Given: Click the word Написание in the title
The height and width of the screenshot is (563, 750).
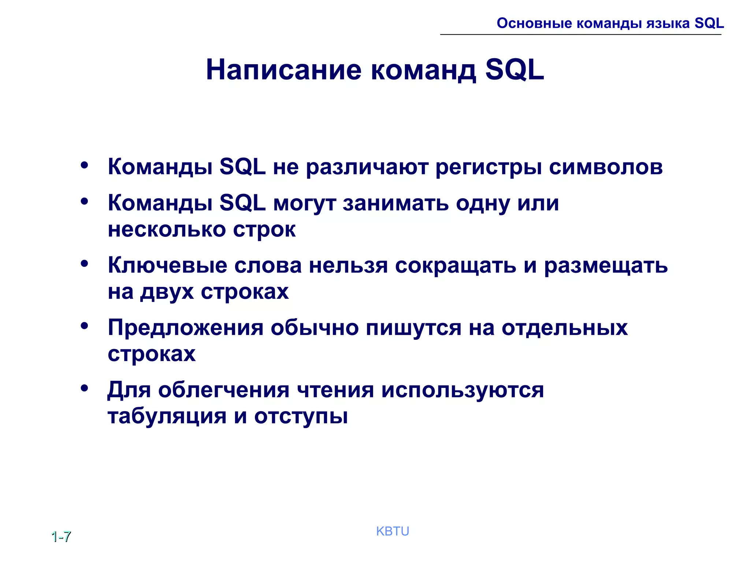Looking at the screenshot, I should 283,70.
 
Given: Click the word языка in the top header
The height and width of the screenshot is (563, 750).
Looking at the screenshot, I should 667,23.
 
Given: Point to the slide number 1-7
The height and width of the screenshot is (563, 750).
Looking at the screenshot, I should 61,537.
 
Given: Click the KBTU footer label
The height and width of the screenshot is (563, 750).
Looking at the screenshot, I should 392,531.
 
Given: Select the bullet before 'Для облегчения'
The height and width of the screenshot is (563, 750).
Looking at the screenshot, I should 85,388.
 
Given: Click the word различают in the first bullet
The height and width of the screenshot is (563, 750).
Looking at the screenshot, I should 367,167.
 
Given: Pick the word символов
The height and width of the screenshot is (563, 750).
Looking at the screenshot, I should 606,167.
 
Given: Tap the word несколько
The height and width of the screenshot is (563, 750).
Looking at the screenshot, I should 167,230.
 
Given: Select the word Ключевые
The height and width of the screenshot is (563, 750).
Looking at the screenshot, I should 167,265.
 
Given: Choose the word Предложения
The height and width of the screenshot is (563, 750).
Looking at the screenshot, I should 185,327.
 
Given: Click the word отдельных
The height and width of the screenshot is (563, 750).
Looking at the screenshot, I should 564,327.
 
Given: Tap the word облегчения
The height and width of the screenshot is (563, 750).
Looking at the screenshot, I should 224,390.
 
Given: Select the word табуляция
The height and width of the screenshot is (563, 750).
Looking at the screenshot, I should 167,416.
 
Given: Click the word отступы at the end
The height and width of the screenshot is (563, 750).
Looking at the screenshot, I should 301,416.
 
